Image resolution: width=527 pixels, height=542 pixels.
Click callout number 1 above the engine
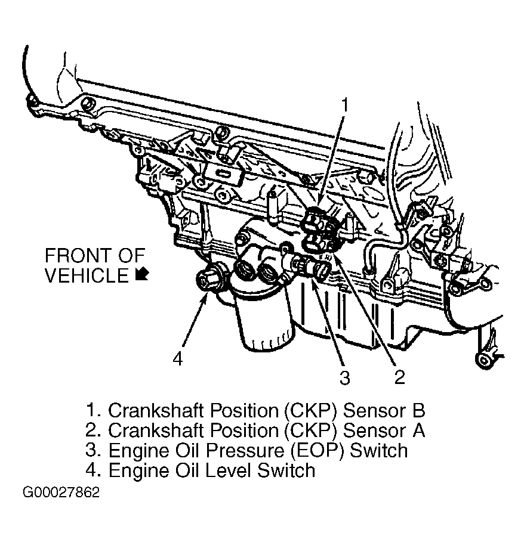pyautogui.click(x=344, y=106)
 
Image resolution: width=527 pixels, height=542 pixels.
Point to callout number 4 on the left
pyautogui.click(x=177, y=358)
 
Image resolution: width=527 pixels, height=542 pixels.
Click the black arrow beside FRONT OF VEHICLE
pyautogui.click(x=141, y=274)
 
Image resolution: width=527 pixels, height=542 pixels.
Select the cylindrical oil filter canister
pyautogui.click(x=262, y=323)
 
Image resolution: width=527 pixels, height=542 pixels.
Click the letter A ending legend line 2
pyautogui.click(x=419, y=430)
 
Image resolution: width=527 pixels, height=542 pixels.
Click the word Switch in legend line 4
pyautogui.click(x=286, y=470)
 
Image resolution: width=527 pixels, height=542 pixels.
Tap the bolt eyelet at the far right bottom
pyautogui.click(x=482, y=359)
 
